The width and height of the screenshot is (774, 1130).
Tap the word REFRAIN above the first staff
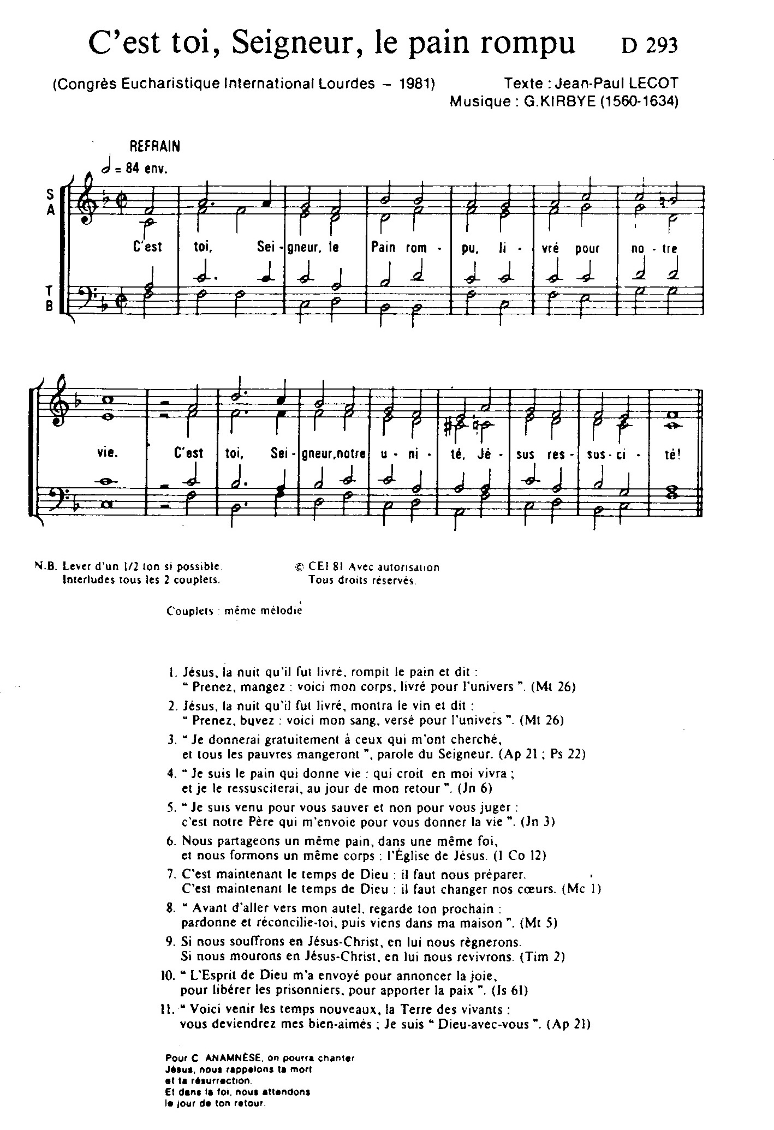coord(154,146)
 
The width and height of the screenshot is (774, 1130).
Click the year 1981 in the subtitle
coord(415,83)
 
